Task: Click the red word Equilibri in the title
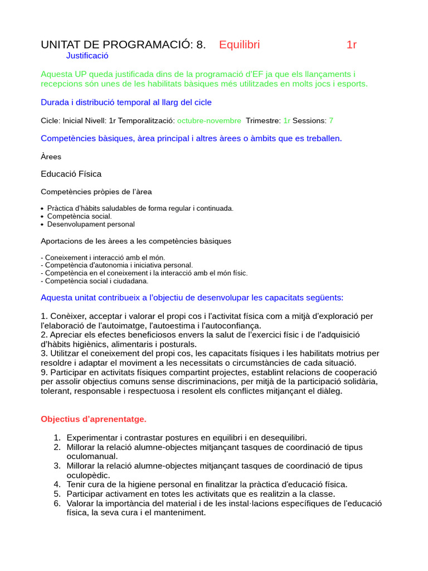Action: click(x=239, y=45)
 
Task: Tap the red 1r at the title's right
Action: click(x=352, y=45)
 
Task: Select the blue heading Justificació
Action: click(x=87, y=56)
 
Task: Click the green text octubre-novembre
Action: click(x=209, y=120)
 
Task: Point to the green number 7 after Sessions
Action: click(x=331, y=120)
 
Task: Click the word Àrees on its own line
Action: click(x=51, y=157)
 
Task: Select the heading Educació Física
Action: click(x=71, y=174)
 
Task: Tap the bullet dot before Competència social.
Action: click(x=43, y=216)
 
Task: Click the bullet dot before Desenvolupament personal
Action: click(x=43, y=225)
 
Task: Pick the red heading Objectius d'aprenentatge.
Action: click(x=94, y=419)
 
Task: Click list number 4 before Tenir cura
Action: click(x=57, y=485)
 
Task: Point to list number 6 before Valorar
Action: click(x=57, y=504)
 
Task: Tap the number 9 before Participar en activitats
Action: click(x=43, y=372)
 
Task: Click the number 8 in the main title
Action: click(x=200, y=45)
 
